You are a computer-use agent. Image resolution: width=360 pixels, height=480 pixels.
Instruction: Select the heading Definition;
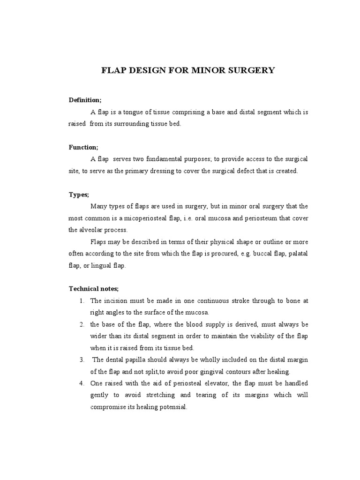click(x=85, y=100)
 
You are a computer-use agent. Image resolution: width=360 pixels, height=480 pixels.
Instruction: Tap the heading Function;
click(x=83, y=147)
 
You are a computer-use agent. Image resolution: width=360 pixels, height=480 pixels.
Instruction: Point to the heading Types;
click(x=79, y=195)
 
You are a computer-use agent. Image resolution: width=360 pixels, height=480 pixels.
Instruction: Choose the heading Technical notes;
click(x=94, y=289)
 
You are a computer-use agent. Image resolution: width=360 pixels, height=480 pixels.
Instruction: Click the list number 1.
click(x=81, y=301)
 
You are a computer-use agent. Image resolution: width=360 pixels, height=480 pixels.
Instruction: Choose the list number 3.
click(x=81, y=360)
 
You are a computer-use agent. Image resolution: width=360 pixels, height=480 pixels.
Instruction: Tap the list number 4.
click(x=81, y=383)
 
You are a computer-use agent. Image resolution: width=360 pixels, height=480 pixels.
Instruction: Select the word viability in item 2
click(x=265, y=336)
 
